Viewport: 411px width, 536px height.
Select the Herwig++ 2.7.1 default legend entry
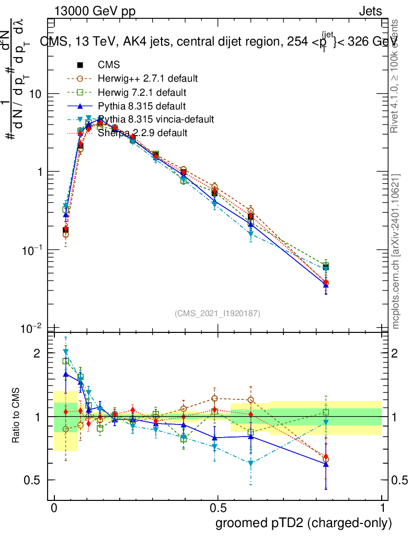(147, 79)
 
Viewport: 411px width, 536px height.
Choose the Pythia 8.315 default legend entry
(142, 106)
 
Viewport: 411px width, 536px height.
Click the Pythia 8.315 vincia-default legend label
(156, 119)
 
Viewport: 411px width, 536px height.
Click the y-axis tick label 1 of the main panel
(38, 172)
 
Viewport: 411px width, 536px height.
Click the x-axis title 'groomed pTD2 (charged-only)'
(303, 522)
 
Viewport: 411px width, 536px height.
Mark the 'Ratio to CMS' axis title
(16, 416)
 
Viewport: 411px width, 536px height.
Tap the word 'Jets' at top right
(370, 11)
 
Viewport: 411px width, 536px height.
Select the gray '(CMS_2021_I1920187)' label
(218, 314)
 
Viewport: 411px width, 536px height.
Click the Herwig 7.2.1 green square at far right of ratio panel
(326, 412)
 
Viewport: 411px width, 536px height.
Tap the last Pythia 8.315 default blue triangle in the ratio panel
(326, 464)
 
